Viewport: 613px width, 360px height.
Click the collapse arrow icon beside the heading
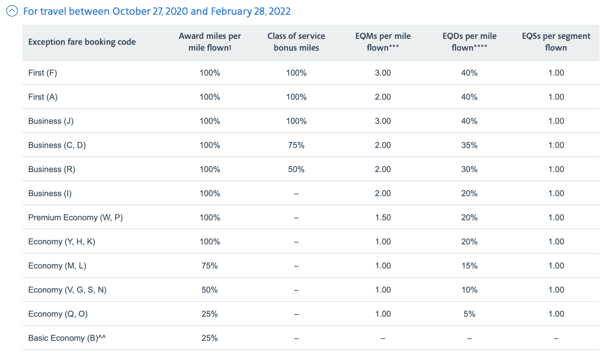coord(12,11)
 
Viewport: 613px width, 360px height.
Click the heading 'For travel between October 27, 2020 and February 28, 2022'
coord(157,11)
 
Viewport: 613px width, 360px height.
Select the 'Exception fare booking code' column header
coord(82,42)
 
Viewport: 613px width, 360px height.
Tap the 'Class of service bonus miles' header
coord(296,42)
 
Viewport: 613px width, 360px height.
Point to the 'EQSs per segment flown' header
coord(556,42)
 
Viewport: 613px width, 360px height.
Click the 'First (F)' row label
coord(43,73)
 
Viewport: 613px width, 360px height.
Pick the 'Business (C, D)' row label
coord(57,145)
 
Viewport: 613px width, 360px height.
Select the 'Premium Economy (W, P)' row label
coord(75,217)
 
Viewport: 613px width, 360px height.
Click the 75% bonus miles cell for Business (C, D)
coord(296,145)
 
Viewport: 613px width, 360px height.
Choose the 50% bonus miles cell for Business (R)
coord(296,169)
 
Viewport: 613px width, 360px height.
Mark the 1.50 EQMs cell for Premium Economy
coord(383,217)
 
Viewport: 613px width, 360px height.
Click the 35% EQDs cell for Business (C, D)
coord(469,145)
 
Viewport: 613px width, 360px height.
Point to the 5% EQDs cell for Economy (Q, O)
coord(469,314)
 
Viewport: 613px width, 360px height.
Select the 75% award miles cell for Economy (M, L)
coord(210,266)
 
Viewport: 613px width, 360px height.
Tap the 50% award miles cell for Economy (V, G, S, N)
coord(210,290)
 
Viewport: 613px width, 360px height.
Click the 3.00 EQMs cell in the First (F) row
coord(383,73)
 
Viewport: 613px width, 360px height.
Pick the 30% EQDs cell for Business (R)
coord(469,169)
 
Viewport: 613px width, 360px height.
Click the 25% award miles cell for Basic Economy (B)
coord(210,338)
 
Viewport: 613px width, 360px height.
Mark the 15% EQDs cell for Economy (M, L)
coord(469,266)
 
